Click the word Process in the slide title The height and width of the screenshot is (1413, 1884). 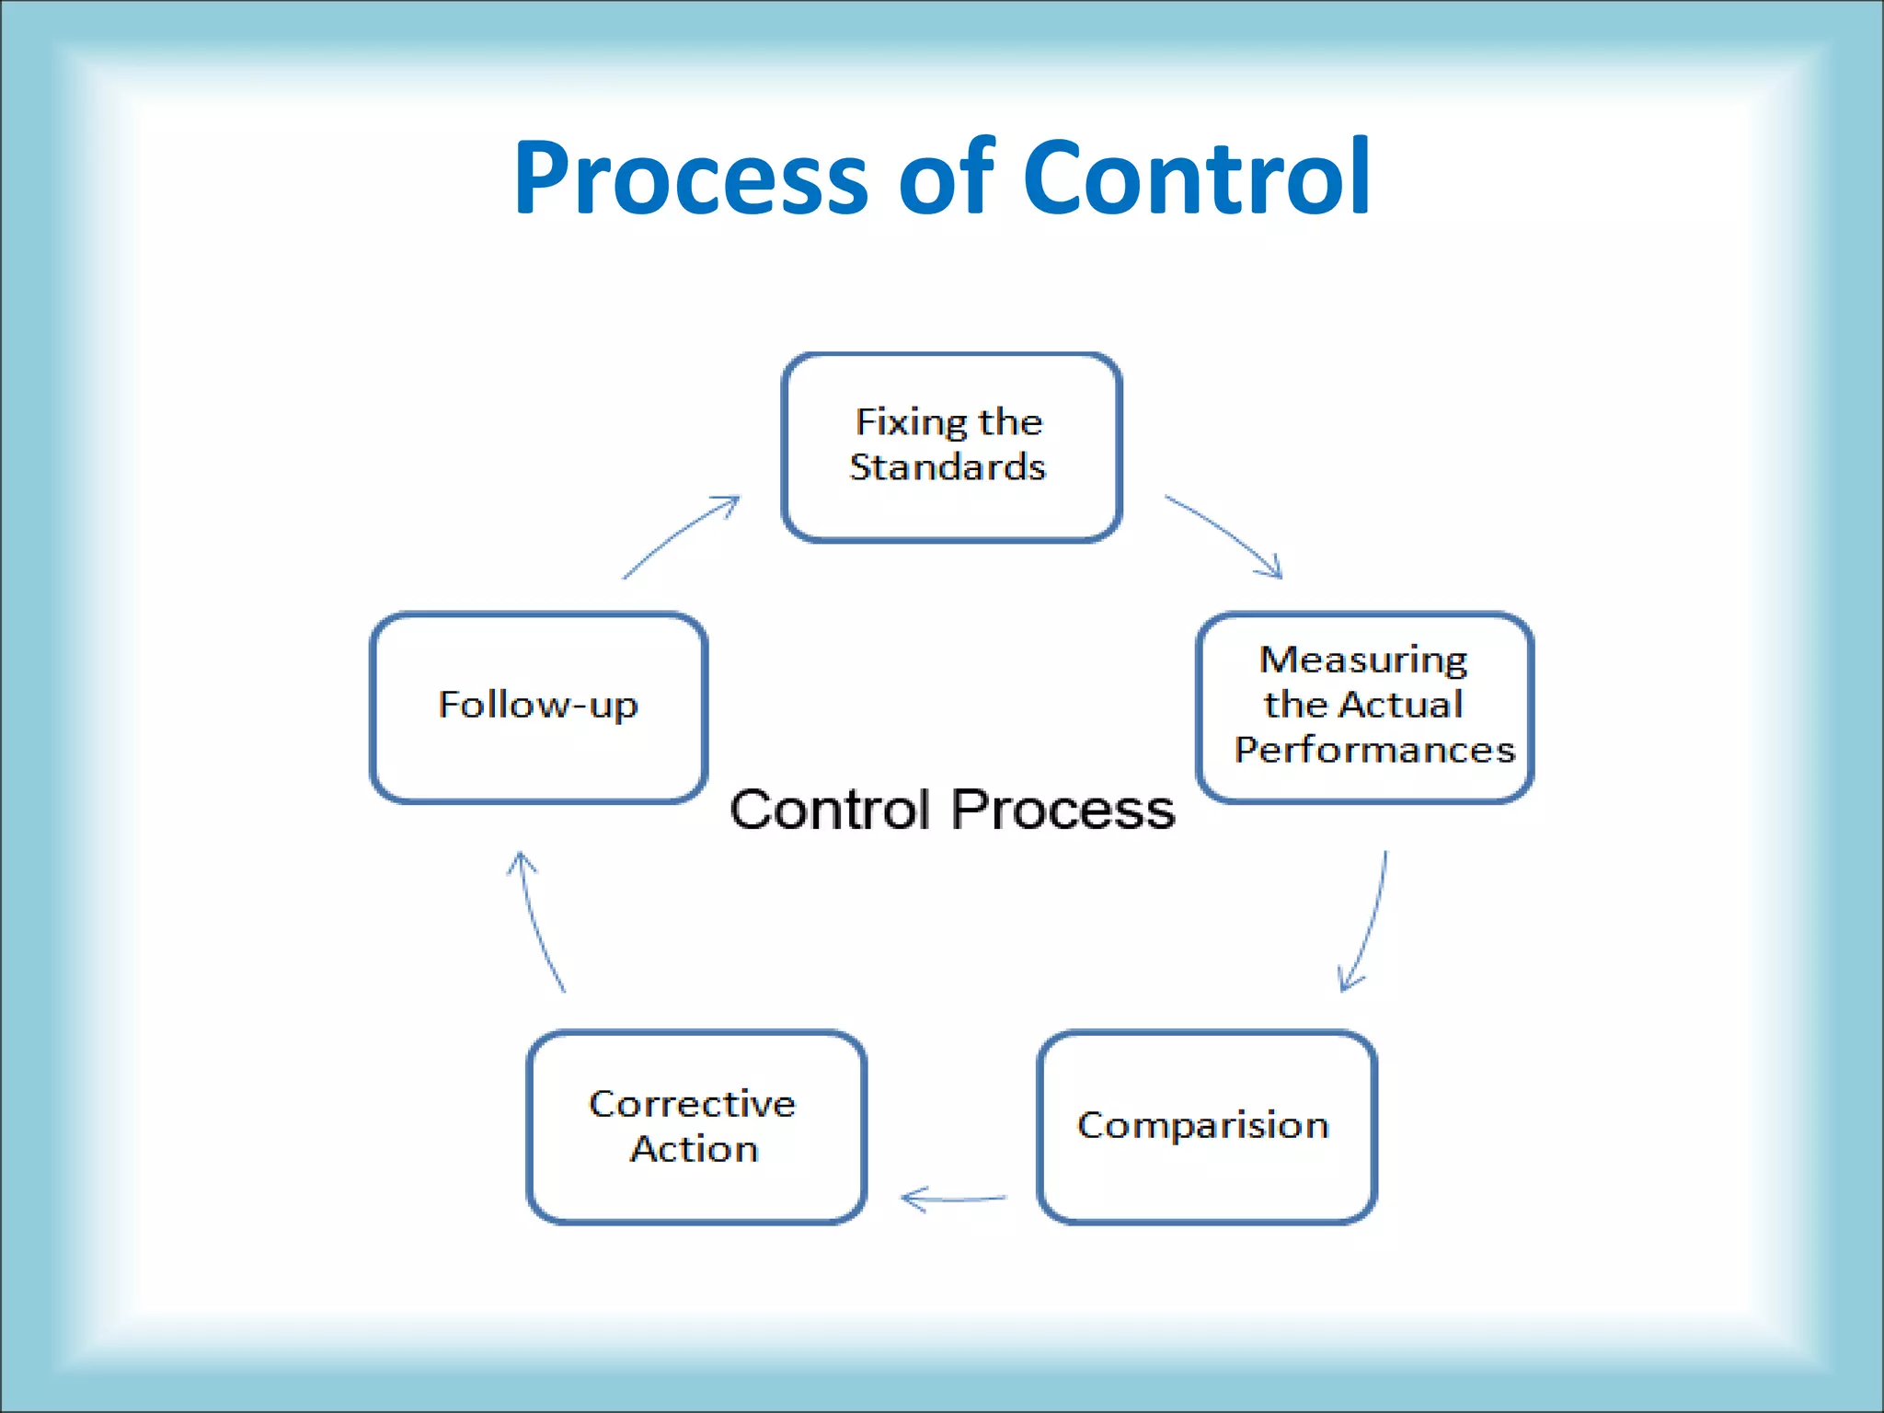coord(690,177)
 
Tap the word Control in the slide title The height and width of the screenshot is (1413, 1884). coord(1196,177)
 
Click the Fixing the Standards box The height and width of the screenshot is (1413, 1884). coord(951,447)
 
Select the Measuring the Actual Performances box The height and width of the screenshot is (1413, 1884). coord(1364,706)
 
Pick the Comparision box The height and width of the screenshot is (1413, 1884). coord(1206,1127)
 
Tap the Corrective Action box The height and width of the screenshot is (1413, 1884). coord(696,1127)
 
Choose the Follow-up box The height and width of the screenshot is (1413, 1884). coord(538,706)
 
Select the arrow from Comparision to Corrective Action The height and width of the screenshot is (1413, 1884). coord(953,1199)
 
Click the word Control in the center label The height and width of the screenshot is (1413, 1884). coord(830,810)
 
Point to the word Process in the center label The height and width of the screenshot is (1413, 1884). coord(1063,810)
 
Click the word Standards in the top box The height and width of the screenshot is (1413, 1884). coord(948,467)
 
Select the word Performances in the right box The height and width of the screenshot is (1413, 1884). coord(1374,750)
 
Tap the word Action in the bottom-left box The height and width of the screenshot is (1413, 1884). coord(695,1149)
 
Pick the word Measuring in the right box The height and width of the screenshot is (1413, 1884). coord(1362,661)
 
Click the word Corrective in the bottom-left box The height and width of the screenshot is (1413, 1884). coord(692,1104)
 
